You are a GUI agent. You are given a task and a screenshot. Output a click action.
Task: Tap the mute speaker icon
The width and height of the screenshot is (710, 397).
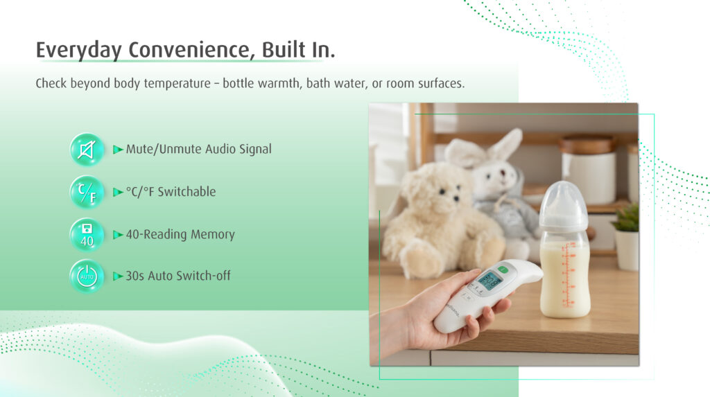[87, 150]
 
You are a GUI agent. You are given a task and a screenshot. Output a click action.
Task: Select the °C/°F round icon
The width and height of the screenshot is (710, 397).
[87, 192]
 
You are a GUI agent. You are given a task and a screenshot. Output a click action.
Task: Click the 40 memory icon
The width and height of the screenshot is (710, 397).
[87, 234]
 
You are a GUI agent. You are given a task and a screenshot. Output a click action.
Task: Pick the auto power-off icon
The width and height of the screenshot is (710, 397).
[87, 276]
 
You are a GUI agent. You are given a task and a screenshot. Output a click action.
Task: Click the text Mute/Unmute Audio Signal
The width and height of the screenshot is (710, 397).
[199, 150]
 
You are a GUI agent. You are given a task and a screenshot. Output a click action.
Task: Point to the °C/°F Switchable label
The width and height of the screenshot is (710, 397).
[171, 192]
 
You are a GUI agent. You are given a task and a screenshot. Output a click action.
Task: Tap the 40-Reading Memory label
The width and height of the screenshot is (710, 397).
[180, 234]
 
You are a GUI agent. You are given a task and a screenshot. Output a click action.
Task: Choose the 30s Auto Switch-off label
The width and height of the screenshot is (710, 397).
[178, 276]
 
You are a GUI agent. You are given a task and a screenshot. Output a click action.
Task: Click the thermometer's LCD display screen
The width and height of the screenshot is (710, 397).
[490, 281]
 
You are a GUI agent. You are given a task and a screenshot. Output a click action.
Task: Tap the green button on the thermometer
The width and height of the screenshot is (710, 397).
[503, 270]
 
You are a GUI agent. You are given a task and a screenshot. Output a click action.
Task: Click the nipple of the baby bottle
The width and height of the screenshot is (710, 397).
[564, 195]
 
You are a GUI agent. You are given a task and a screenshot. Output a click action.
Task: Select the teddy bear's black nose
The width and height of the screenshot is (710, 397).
[455, 198]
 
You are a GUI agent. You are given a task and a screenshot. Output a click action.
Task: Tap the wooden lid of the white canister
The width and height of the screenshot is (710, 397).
[587, 144]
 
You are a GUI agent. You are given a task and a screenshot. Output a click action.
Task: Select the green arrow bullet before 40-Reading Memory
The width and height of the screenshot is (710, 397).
[118, 234]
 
